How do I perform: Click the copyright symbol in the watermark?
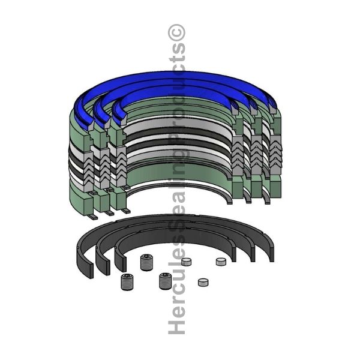(176, 32)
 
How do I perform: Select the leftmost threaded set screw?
(127, 282)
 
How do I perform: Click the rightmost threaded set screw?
(165, 281)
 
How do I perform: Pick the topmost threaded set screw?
(146, 262)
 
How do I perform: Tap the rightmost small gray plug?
(221, 262)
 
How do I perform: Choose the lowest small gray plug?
(203, 283)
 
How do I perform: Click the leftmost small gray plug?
(186, 262)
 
